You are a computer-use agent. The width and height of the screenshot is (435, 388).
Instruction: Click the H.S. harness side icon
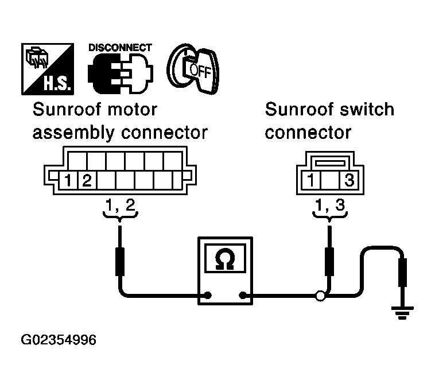48,69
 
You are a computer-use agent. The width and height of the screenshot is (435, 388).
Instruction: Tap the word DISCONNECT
120,48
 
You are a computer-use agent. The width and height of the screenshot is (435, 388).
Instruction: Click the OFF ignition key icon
193,69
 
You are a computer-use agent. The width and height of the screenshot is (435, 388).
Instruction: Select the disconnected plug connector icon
121,73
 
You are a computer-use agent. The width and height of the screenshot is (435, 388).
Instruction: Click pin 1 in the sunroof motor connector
68,180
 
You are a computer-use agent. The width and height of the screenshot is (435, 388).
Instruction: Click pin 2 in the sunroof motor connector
87,180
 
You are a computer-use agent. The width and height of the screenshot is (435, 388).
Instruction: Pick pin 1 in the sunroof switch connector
310,180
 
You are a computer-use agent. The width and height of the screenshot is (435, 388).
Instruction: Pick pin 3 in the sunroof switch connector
349,180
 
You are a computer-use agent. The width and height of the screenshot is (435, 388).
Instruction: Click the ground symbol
402,313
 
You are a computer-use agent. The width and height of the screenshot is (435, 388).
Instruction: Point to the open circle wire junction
320,296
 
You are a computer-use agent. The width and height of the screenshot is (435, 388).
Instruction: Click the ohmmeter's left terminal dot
208,295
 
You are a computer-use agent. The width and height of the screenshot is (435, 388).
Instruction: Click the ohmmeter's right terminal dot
243,295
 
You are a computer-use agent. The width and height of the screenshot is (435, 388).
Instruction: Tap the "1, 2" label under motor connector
121,205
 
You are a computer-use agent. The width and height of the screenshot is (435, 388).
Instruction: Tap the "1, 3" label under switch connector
330,205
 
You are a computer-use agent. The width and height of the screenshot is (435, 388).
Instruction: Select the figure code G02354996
59,340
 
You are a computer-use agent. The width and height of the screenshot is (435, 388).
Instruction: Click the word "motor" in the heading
133,110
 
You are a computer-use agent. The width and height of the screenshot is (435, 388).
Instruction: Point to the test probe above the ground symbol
402,273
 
